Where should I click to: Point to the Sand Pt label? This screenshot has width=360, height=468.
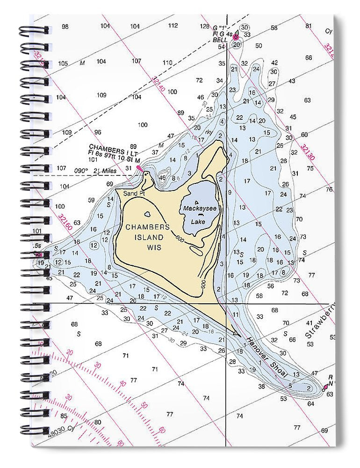(x=132, y=193)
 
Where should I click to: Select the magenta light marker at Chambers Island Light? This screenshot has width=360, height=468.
(x=139, y=167)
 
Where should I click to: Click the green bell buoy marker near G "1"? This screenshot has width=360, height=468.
(x=236, y=37)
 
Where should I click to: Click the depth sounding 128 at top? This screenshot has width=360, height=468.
(x=205, y=26)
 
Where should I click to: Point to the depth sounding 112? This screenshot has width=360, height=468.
(x=173, y=26)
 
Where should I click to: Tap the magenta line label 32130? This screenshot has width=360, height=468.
(x=307, y=152)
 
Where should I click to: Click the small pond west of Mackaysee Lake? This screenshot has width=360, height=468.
(x=148, y=214)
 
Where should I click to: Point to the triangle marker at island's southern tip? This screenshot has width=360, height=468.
(x=236, y=333)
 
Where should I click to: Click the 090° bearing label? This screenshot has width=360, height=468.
(x=81, y=171)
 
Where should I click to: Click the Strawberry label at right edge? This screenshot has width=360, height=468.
(x=320, y=322)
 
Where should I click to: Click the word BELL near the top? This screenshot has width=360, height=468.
(x=220, y=41)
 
